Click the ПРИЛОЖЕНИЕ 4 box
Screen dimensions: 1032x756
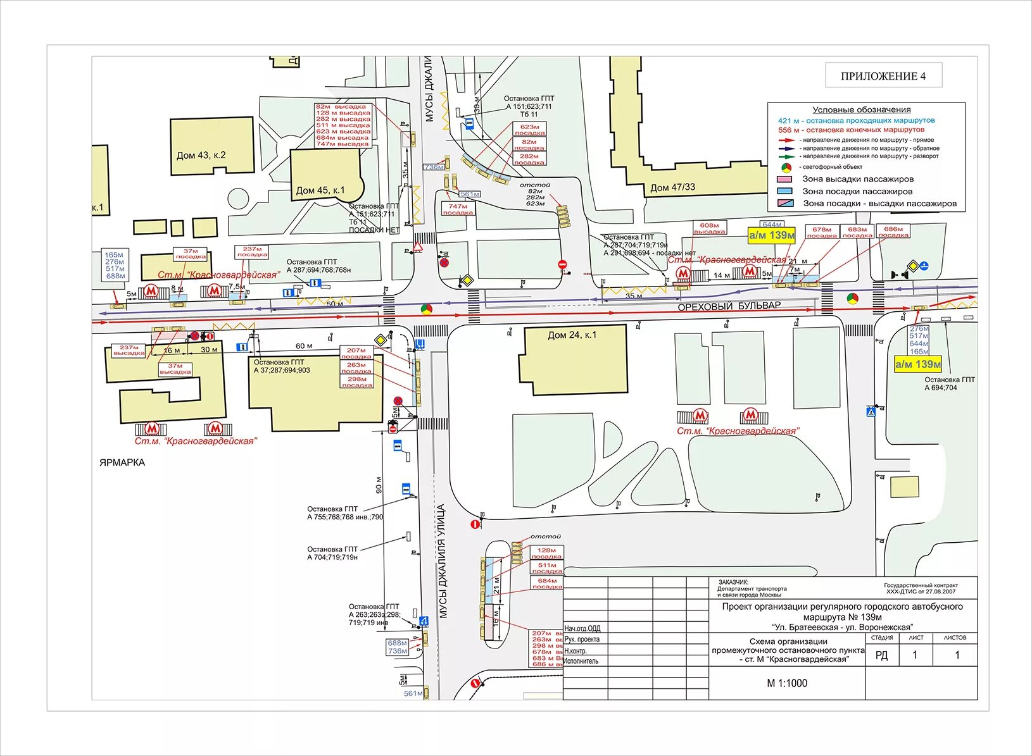(883, 76)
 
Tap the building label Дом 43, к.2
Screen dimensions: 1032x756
(201, 155)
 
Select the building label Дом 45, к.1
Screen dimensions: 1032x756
(320, 190)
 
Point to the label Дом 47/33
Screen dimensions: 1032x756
(672, 187)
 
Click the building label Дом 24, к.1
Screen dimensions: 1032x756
(572, 335)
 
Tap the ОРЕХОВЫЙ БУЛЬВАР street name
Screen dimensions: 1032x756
(729, 306)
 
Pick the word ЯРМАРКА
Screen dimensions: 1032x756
(122, 462)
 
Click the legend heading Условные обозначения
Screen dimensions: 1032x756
(861, 109)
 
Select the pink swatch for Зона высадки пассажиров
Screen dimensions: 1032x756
(784, 179)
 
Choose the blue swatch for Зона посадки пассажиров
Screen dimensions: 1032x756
(784, 191)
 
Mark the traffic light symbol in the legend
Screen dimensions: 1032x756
(786, 167)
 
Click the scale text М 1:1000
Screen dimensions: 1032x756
(786, 683)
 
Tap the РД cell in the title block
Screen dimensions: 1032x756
(881, 655)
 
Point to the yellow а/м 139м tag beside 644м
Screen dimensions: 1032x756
(771, 235)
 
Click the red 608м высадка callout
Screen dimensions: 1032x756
(709, 228)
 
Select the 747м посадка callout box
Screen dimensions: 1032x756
(458, 209)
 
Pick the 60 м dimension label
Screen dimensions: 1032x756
(304, 346)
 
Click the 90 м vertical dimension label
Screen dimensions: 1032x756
(379, 485)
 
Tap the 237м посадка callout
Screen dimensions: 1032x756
(252, 252)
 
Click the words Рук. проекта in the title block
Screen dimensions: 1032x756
(582, 640)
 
